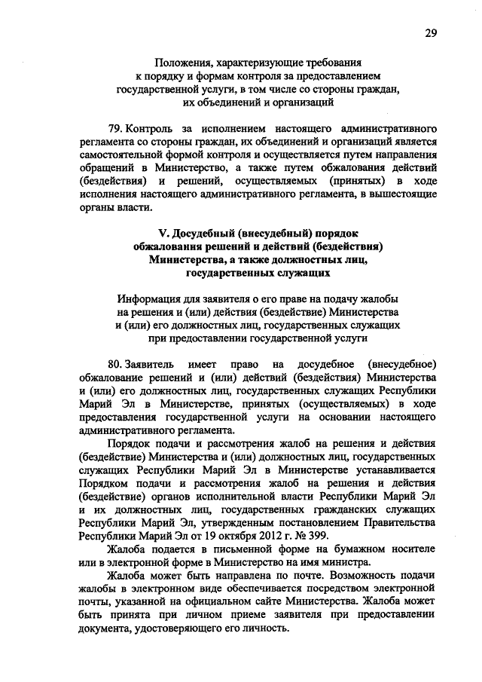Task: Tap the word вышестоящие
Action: point(403,195)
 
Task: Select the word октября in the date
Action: point(246,536)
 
